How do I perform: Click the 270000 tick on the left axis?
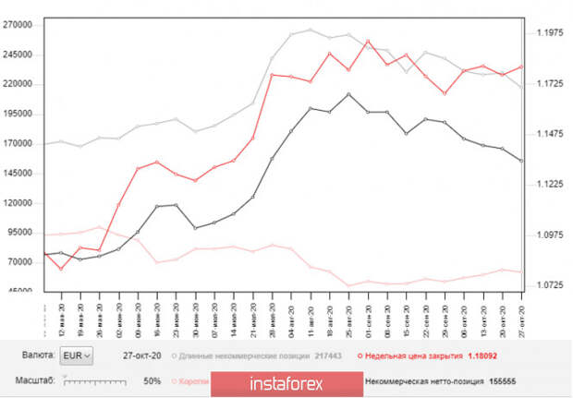click(18, 25)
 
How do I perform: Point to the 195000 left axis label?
click(18, 114)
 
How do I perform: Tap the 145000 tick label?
click(18, 173)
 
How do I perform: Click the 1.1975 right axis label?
click(550, 33)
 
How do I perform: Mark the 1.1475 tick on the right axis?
click(550, 134)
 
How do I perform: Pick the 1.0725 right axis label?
click(550, 285)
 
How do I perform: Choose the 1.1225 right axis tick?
click(550, 185)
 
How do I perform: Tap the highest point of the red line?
click(368, 41)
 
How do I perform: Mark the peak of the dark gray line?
click(347, 93)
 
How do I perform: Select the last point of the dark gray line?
click(522, 161)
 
